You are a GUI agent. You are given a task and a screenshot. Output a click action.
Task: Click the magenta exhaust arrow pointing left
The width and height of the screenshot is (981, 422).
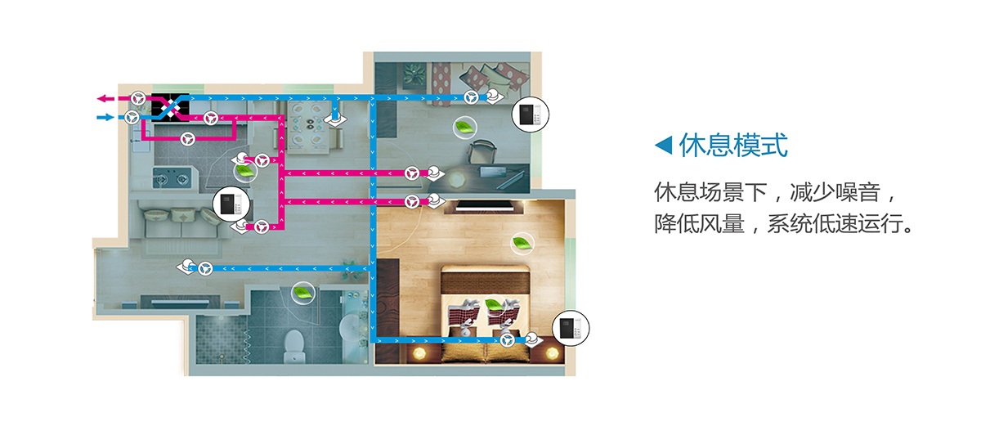(105, 99)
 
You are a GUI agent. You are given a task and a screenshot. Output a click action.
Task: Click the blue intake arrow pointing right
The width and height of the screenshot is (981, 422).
(105, 118)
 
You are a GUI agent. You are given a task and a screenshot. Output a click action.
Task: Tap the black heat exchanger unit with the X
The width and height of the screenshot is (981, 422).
(171, 106)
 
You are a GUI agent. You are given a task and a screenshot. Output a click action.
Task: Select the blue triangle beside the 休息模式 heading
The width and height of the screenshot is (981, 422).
(664, 145)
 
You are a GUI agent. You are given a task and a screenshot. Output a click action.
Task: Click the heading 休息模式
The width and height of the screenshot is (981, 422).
(733, 145)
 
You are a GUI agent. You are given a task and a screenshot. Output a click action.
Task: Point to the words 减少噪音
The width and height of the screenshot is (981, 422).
(835, 192)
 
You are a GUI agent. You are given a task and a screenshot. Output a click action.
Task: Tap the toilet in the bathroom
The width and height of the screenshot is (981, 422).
(293, 345)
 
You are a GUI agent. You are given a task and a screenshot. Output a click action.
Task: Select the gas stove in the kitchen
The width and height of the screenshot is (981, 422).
(172, 178)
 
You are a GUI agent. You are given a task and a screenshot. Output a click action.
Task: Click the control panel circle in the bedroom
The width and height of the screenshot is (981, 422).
(571, 328)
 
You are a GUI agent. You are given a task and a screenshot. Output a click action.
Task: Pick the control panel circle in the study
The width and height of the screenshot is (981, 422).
(531, 114)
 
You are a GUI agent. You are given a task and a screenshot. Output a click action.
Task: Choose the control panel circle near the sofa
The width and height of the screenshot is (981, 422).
(231, 204)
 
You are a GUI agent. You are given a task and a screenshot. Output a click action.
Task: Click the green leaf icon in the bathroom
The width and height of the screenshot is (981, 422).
(302, 293)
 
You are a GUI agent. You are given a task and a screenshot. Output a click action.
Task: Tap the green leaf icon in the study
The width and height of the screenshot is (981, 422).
(464, 128)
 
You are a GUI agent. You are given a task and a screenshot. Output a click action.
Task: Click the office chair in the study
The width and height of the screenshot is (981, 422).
(482, 152)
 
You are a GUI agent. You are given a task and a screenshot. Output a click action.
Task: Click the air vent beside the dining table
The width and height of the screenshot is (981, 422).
(335, 119)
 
